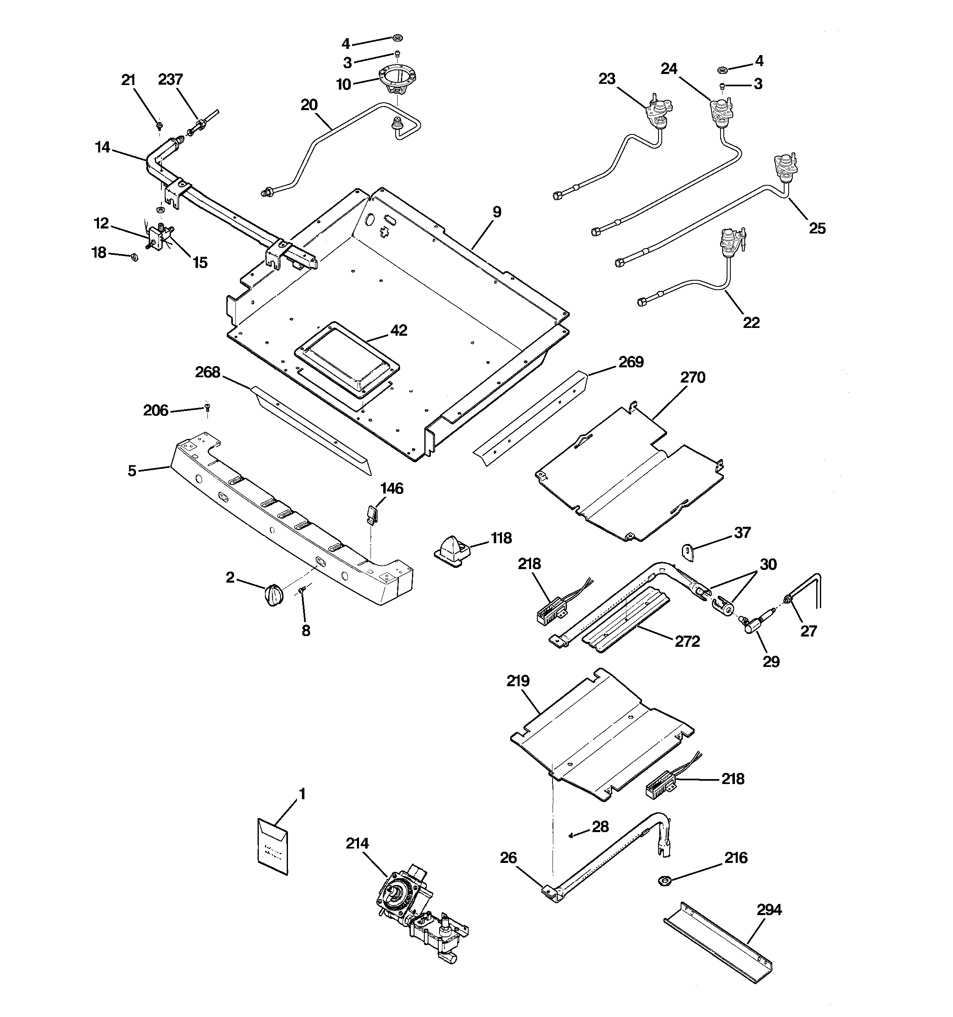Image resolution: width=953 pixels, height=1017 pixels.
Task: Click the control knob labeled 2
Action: click(274, 595)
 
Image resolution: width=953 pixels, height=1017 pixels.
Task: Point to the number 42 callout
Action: click(398, 330)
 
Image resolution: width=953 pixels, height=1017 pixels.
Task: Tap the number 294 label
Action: click(769, 910)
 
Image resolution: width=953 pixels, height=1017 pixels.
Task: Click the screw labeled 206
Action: click(207, 407)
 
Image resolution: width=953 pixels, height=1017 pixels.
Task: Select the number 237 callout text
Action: click(170, 79)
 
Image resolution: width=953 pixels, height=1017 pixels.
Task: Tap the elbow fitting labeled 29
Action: click(750, 625)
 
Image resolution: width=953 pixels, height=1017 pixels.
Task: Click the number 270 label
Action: click(693, 378)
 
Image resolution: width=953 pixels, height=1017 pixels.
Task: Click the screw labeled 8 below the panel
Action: click(302, 591)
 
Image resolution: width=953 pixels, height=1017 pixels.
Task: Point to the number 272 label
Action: click(687, 641)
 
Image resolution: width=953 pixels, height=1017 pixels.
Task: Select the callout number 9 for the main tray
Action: click(497, 212)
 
